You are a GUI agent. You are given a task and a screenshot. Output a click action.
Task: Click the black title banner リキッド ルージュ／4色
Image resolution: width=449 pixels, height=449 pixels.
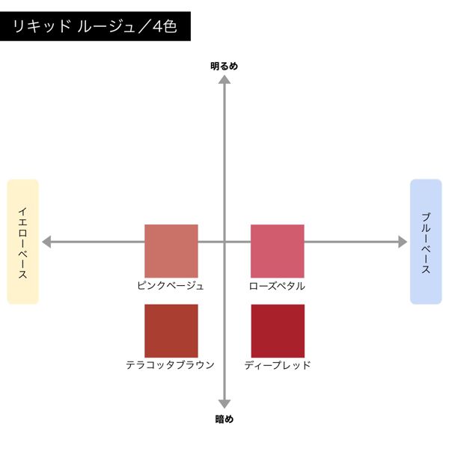coord(95,26)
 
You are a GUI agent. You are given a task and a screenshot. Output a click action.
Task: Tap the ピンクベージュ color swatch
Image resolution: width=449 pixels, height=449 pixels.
coord(171,251)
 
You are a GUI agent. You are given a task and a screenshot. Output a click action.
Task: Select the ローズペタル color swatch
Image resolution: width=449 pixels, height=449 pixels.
coord(278,251)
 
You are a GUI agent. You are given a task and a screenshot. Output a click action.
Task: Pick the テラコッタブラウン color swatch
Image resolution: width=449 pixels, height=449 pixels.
coord(171,331)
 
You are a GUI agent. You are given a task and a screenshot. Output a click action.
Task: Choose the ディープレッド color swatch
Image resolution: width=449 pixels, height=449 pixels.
coord(278,331)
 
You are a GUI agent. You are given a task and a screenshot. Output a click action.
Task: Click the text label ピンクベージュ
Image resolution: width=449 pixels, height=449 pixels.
coord(171,286)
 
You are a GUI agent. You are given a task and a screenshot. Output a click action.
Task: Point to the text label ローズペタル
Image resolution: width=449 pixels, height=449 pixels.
coord(277,286)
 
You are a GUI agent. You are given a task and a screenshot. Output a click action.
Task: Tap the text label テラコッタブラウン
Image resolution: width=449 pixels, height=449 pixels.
coord(171,365)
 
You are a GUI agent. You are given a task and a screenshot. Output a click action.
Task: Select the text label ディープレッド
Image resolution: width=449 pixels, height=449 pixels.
coord(278,365)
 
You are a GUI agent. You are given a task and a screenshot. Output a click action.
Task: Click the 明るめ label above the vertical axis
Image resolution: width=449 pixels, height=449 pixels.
coord(224,66)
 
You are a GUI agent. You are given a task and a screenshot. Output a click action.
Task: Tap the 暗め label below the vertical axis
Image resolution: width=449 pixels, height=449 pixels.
coord(224,419)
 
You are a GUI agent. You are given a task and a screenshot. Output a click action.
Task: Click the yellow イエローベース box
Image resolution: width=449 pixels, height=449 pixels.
coord(23,242)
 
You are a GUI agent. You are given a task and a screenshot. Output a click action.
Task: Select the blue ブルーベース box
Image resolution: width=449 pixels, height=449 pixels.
coord(426,242)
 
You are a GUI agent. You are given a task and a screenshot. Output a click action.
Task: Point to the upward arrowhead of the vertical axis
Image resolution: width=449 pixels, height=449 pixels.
coord(224,79)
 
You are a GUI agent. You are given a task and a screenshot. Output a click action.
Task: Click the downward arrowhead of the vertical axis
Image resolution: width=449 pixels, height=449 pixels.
coord(224,404)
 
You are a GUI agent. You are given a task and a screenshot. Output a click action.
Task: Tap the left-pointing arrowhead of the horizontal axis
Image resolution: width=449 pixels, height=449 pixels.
coord(46,242)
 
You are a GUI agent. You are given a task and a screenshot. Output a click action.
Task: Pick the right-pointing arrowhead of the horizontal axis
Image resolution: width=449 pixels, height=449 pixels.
coord(403,242)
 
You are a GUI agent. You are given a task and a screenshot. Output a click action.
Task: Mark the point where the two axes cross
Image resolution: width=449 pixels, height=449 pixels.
coord(224,242)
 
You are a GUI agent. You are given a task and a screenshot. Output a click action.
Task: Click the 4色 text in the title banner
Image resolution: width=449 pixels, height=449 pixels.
coord(165,26)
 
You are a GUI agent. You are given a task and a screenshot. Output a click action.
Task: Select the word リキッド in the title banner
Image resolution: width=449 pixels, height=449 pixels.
coord(42,26)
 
